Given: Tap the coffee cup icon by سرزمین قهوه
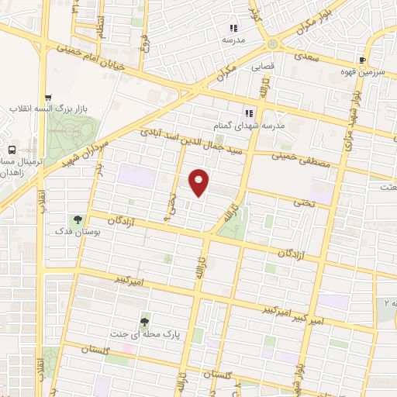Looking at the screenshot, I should click(x=362, y=60).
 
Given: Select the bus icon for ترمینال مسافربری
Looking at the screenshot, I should click(x=12, y=149).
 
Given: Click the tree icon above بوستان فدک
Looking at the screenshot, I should click(x=77, y=219).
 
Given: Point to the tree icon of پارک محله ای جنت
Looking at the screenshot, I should click(x=144, y=322).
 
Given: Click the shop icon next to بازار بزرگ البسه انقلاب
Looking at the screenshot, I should click(x=49, y=98).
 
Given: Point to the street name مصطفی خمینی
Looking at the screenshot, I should click(x=302, y=160).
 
